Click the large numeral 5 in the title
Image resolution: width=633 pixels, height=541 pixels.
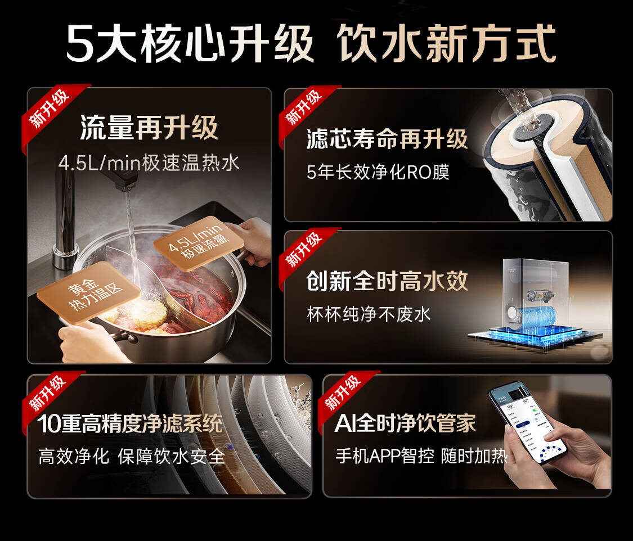tap(79, 43)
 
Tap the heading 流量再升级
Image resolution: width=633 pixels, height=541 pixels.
tap(149, 128)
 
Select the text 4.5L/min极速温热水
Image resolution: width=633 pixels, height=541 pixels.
tap(149, 164)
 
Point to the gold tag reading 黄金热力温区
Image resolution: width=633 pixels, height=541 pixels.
tap(89, 292)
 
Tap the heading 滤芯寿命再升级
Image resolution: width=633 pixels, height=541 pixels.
tap(387, 139)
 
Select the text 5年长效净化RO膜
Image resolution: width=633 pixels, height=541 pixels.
tap(378, 172)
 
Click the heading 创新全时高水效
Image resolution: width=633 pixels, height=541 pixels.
tap(387, 281)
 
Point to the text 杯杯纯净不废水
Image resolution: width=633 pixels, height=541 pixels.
tap(369, 314)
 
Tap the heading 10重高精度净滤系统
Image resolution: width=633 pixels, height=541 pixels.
tap(130, 423)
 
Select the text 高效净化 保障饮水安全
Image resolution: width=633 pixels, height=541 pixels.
tap(132, 457)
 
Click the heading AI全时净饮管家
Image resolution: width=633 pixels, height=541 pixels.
tap(405, 423)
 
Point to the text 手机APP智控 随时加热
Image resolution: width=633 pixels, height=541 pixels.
tap(421, 456)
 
